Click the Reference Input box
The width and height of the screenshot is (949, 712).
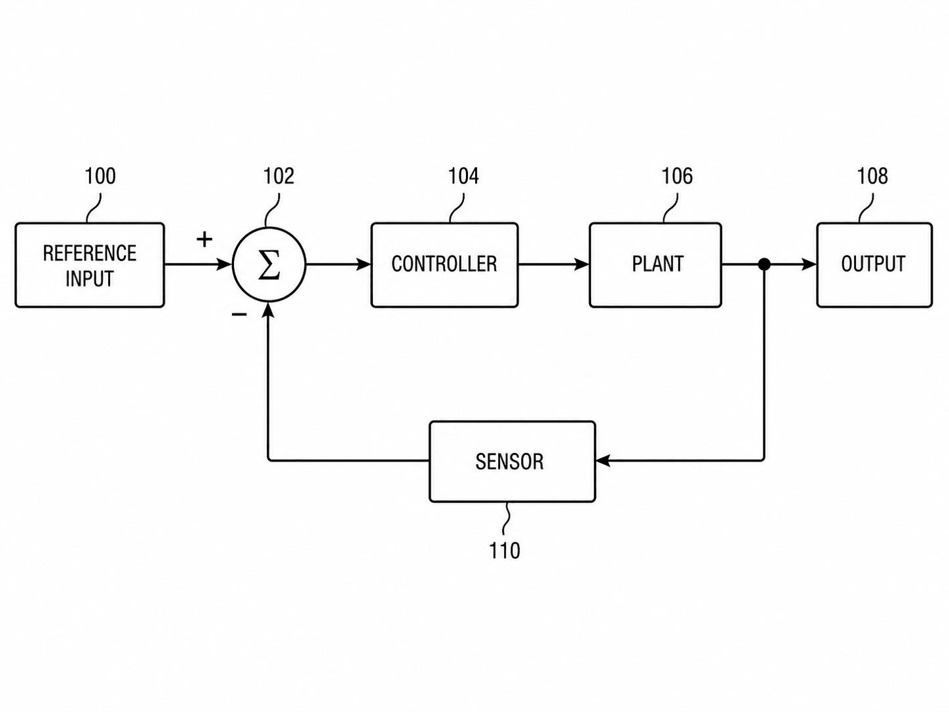click(x=90, y=265)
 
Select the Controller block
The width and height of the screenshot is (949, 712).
click(x=444, y=265)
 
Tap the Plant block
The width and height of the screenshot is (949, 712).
click(x=655, y=265)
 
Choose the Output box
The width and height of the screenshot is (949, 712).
click(x=874, y=265)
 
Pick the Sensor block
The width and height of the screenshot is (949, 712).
click(x=512, y=462)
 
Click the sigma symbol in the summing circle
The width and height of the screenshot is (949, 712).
click(x=269, y=265)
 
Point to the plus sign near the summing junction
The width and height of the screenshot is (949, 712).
click(x=204, y=239)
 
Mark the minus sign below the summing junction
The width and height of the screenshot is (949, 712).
click(x=239, y=315)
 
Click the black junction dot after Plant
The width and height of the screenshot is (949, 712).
click(x=764, y=264)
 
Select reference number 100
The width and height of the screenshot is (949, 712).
click(x=100, y=176)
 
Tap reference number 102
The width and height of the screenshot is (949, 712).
click(x=279, y=176)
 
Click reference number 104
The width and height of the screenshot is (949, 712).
click(x=463, y=176)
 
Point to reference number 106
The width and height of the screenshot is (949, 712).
click(x=677, y=176)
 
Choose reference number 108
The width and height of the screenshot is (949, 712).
click(x=872, y=176)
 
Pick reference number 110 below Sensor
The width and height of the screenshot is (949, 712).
click(x=504, y=550)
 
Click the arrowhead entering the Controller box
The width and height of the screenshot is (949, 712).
click(x=364, y=264)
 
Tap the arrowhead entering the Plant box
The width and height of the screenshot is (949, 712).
click(x=582, y=264)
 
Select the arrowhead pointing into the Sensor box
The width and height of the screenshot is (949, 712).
click(x=603, y=461)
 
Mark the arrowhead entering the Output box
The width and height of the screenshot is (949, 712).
click(x=809, y=264)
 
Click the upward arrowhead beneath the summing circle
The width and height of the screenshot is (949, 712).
click(x=269, y=309)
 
